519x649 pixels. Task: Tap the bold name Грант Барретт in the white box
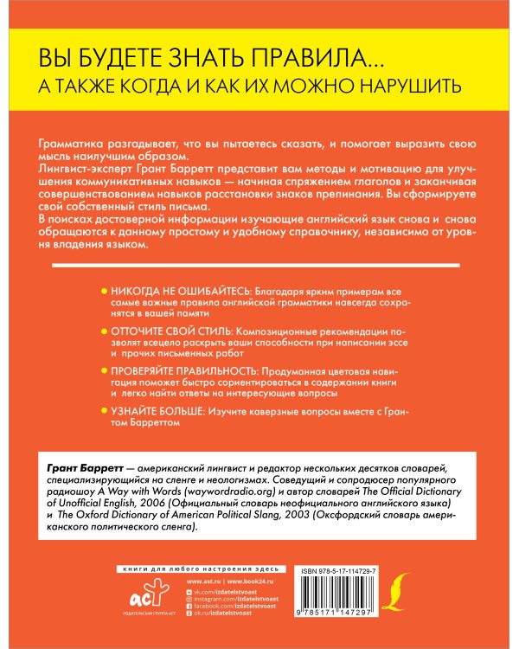pyautogui.click(x=80, y=467)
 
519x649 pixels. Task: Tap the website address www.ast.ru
pyautogui.click(x=200, y=582)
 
